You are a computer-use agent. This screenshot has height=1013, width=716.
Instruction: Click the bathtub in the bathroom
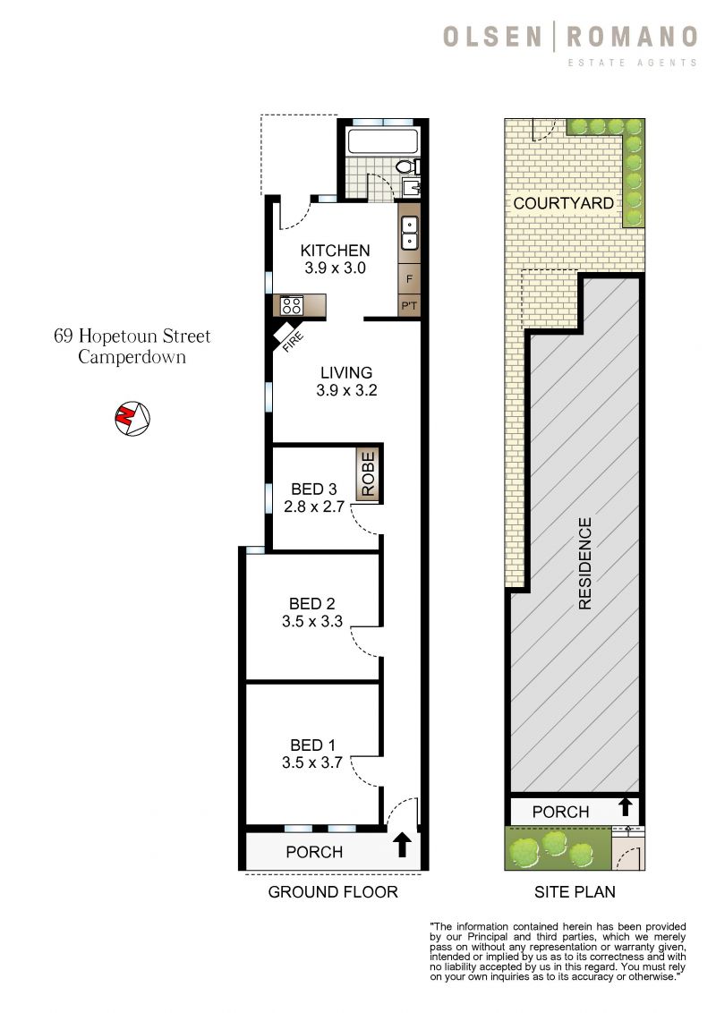382,140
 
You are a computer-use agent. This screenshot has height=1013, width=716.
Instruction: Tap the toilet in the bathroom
405,166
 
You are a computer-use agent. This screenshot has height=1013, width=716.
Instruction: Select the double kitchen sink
409,232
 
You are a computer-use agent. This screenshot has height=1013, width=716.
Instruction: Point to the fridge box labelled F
409,279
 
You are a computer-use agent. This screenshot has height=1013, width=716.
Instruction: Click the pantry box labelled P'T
409,307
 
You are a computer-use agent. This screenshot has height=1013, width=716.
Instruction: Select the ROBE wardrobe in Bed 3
369,473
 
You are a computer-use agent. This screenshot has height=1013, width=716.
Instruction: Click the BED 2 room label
312,602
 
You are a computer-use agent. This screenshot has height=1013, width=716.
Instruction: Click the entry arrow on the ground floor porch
402,845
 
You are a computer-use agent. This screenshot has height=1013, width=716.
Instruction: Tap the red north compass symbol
131,417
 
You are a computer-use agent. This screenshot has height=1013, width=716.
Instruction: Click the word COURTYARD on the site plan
563,203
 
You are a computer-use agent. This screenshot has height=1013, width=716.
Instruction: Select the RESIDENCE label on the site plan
584,564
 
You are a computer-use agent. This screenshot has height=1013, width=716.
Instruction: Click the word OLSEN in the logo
492,37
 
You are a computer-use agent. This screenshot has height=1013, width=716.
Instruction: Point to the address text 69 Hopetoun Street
132,336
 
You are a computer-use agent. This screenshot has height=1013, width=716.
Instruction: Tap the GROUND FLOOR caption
333,891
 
